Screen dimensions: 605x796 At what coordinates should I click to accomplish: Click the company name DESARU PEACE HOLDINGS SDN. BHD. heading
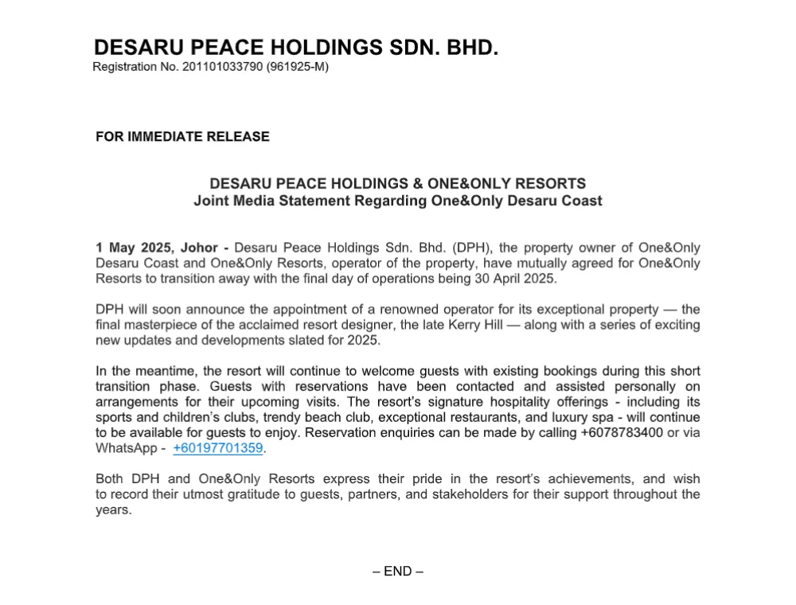(x=296, y=48)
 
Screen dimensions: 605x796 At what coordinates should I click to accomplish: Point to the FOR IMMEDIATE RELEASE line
(x=182, y=137)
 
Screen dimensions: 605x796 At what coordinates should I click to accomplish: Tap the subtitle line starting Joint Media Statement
(x=397, y=201)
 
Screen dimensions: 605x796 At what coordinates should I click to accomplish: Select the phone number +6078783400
(x=622, y=433)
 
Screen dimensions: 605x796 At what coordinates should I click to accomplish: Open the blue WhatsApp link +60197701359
(x=217, y=448)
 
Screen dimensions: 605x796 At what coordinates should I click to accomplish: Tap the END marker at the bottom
(x=397, y=571)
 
